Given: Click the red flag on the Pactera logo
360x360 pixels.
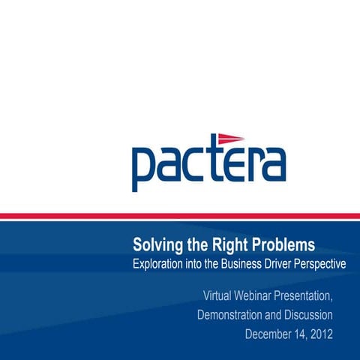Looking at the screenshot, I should tap(230, 138).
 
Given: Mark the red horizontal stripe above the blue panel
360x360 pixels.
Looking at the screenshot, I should tap(180, 216).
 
